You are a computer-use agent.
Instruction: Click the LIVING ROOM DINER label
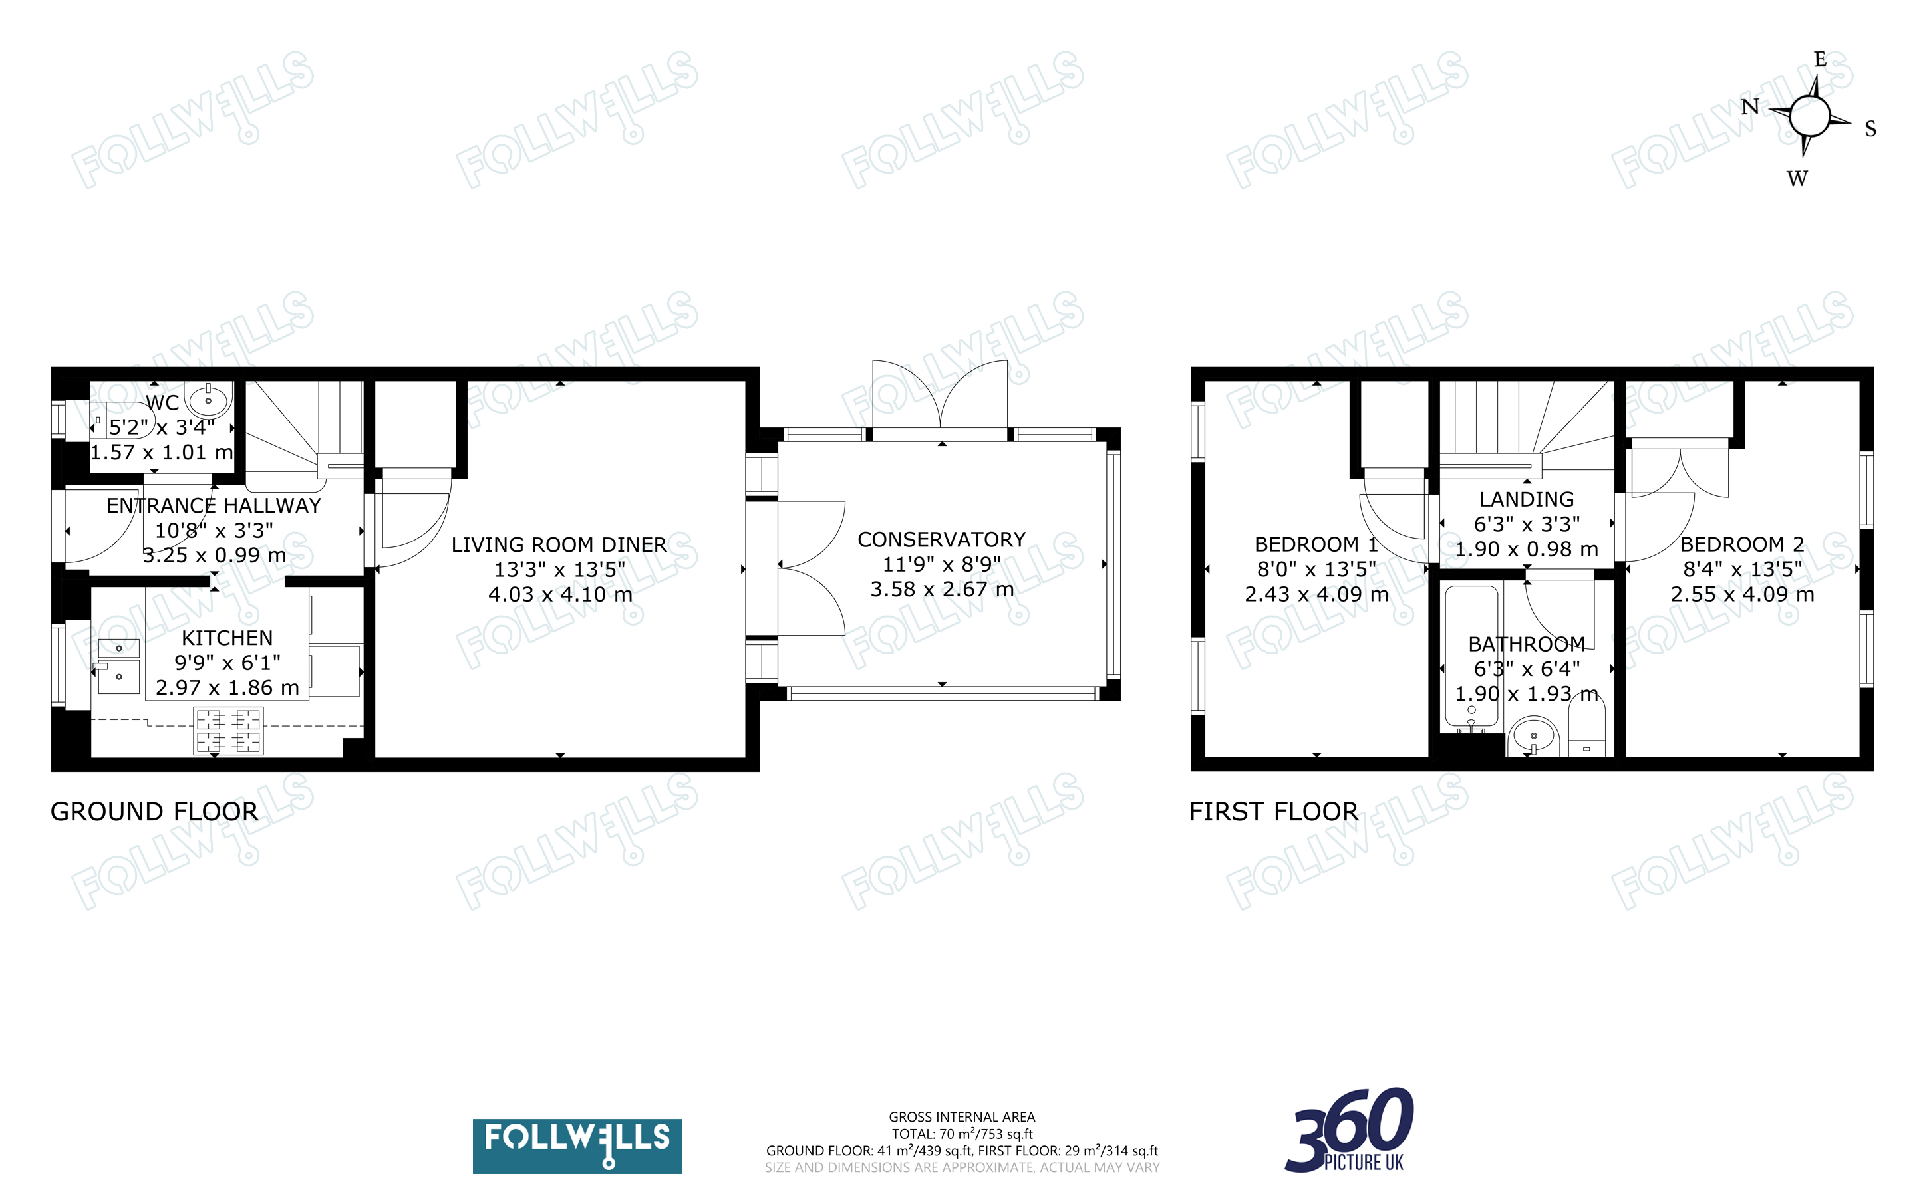click(559, 544)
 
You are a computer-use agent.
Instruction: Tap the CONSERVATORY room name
click(941, 540)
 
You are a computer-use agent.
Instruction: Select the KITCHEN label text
click(227, 638)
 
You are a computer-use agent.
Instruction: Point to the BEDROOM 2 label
click(1742, 544)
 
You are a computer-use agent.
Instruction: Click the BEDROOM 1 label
click(1316, 544)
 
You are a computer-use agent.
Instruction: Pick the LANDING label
click(1527, 499)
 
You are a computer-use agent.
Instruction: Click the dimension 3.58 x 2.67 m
click(941, 589)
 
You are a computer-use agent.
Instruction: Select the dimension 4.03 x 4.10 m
click(560, 594)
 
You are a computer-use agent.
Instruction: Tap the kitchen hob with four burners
click(228, 731)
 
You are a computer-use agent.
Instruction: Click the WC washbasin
click(208, 399)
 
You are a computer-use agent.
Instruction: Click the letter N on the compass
click(1750, 107)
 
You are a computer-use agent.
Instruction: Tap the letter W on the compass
click(1797, 179)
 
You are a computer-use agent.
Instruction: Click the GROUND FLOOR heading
click(154, 812)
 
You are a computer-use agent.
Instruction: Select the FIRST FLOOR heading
click(1274, 812)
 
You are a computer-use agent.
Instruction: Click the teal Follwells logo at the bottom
click(577, 1145)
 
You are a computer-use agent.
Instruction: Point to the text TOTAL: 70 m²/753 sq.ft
click(962, 1134)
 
